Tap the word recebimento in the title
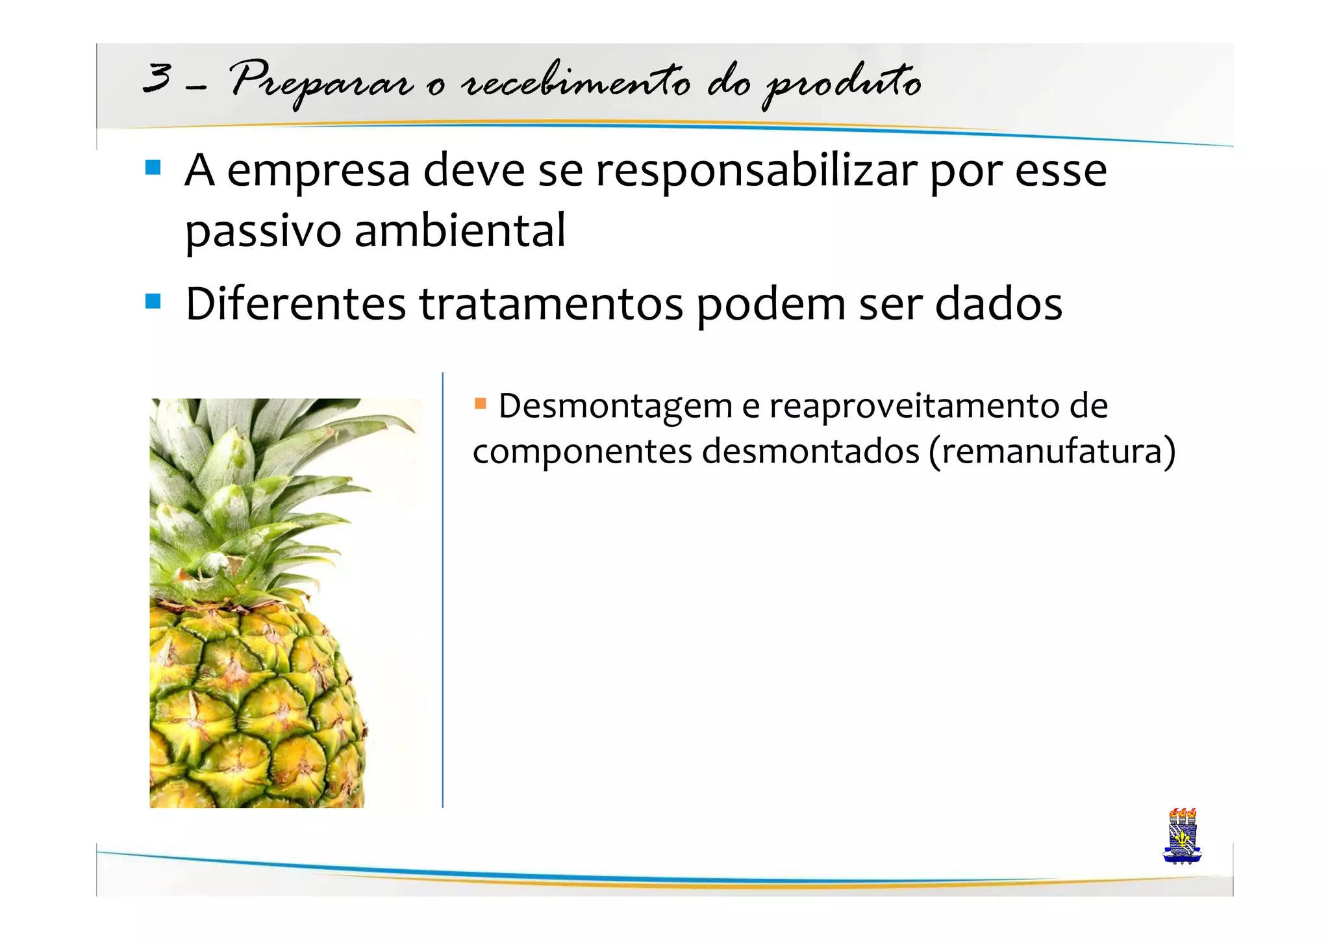[x=575, y=82]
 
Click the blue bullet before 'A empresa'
[x=153, y=168]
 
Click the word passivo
[x=262, y=231]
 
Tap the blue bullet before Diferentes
[x=153, y=301]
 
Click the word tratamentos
[x=551, y=304]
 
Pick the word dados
[x=998, y=304]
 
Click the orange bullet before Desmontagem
[x=481, y=404]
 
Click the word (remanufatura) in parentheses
[x=1052, y=451]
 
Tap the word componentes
[x=582, y=452]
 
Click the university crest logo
[x=1182, y=837]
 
